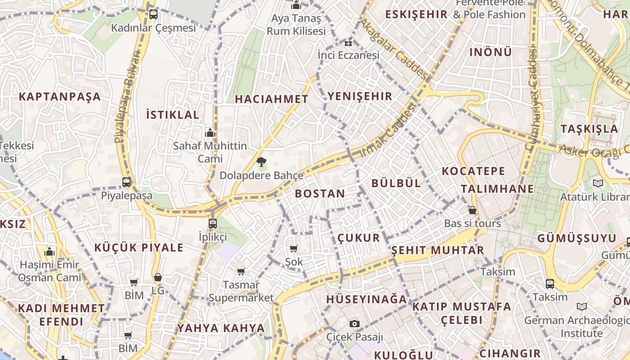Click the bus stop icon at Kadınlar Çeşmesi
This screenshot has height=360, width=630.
pyautogui.click(x=153, y=14)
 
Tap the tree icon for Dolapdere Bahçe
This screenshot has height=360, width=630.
pyautogui.click(x=261, y=162)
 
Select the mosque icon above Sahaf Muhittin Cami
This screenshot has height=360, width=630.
pyautogui.click(x=210, y=133)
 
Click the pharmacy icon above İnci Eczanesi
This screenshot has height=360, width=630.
pyautogui.click(x=348, y=43)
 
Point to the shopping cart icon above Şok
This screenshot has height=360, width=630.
pyautogui.click(x=294, y=248)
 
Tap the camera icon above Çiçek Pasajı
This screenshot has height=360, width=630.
pyautogui.click(x=355, y=324)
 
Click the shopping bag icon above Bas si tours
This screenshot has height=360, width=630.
pyautogui.click(x=472, y=210)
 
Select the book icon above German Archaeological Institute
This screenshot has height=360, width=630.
pyautogui.click(x=582, y=307)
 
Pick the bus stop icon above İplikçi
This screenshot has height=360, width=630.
pyautogui.click(x=213, y=223)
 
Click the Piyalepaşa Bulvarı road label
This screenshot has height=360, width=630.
pyautogui.click(x=127, y=97)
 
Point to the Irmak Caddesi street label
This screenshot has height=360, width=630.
pyautogui.click(x=388, y=130)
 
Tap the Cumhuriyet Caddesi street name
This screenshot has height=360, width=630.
pyautogui.click(x=532, y=100)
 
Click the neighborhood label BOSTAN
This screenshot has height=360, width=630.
pyautogui.click(x=320, y=194)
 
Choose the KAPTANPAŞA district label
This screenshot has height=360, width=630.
pyautogui.click(x=60, y=97)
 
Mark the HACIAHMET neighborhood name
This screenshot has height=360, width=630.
pyautogui.click(x=272, y=99)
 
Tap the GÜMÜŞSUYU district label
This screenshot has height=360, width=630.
pyautogui.click(x=577, y=238)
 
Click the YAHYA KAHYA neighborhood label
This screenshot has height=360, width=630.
pyautogui.click(x=221, y=328)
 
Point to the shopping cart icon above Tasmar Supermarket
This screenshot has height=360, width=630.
pyautogui.click(x=241, y=271)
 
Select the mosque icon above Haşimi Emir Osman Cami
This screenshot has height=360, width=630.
pyautogui.click(x=50, y=252)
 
